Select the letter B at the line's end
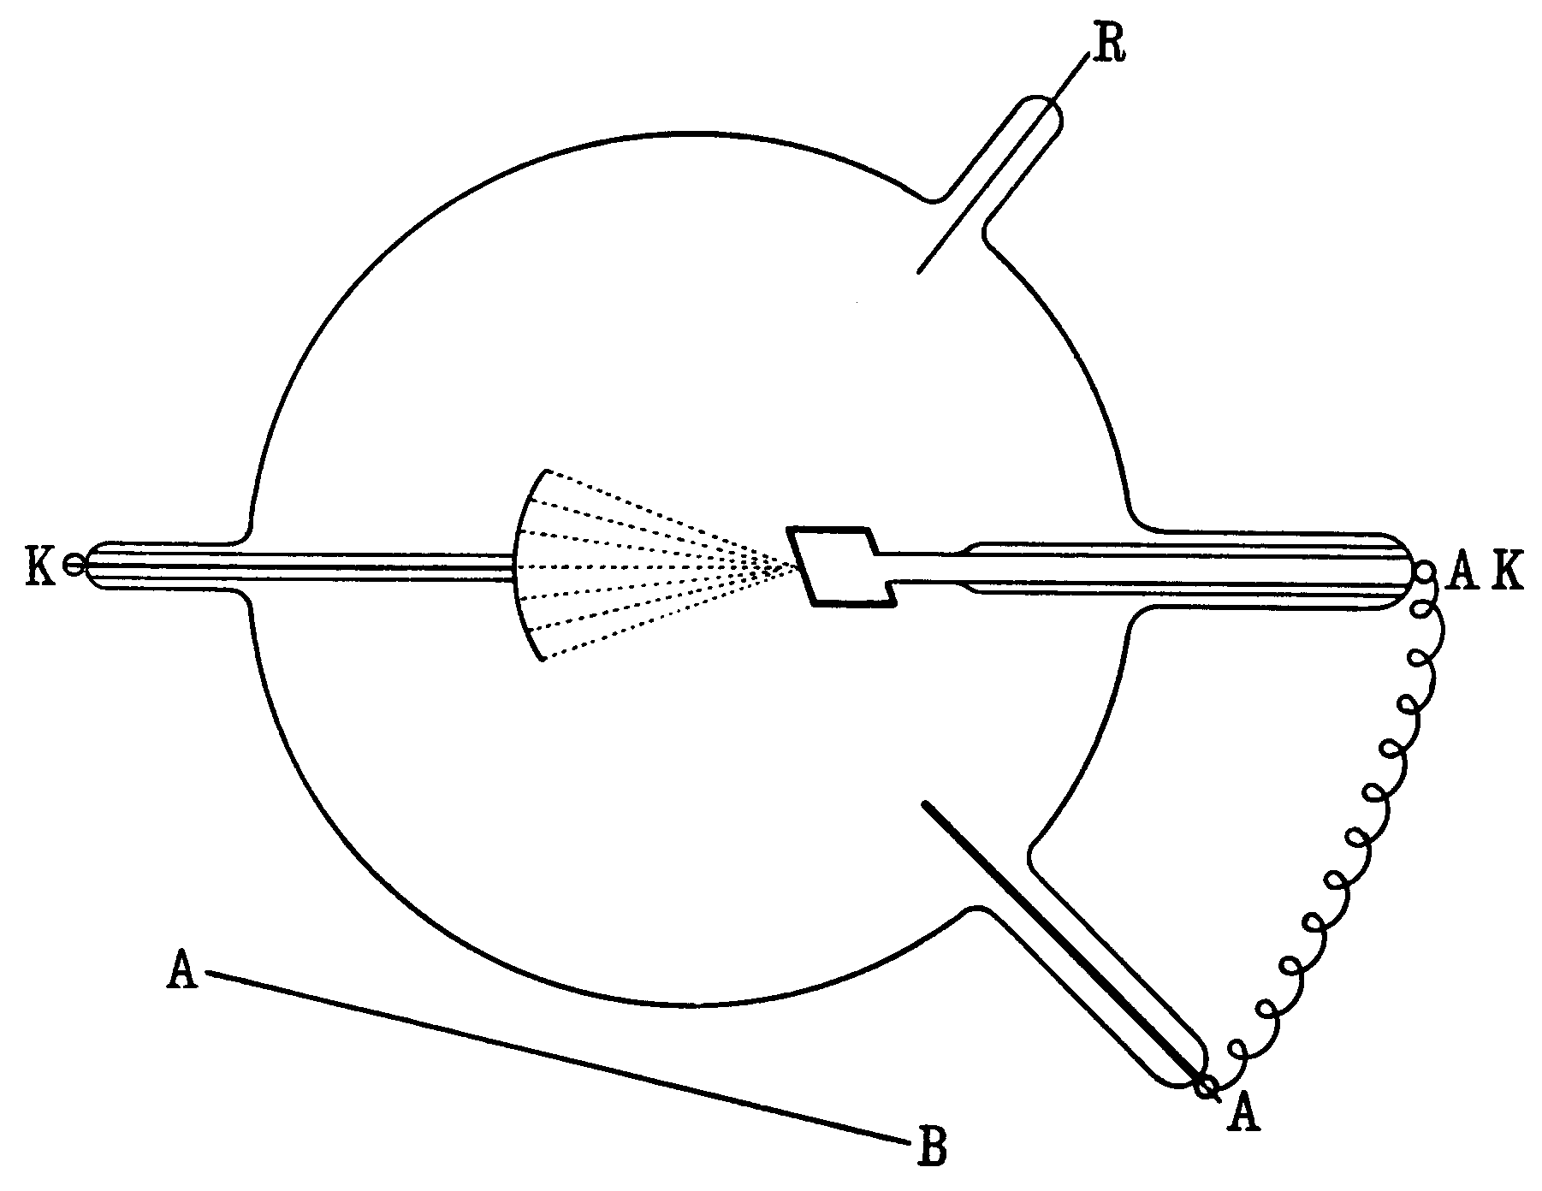(932, 1147)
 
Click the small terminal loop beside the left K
(74, 566)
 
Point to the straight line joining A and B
(556, 1058)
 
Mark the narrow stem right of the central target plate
(924, 566)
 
